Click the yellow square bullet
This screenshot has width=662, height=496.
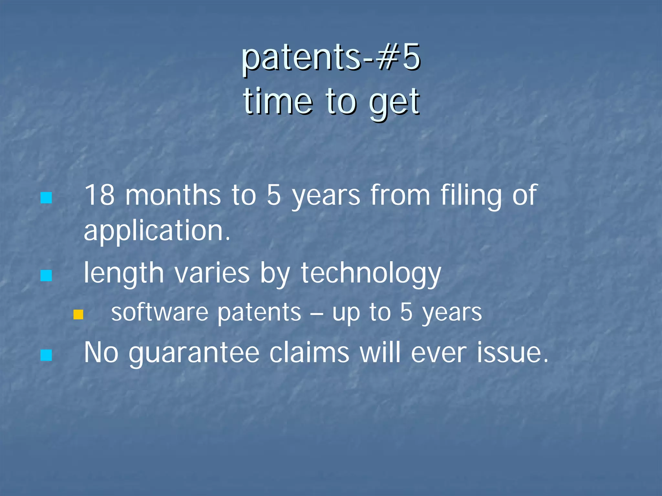click(x=78, y=315)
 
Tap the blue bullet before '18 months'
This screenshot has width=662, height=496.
click(x=46, y=198)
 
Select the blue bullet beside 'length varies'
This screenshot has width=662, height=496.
click(x=46, y=276)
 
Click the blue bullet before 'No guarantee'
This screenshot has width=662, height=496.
click(x=46, y=355)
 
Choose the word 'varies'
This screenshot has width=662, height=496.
click(x=212, y=273)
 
